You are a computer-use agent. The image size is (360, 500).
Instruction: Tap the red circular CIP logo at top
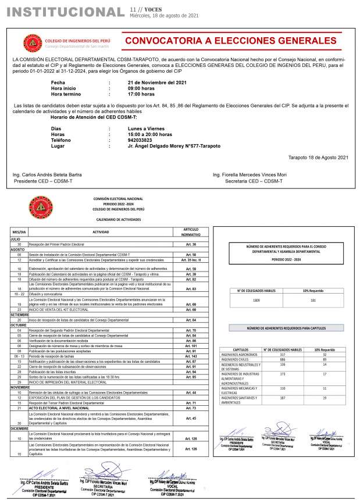[33, 42]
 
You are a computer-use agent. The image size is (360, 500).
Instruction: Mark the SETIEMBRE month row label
[19, 315]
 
